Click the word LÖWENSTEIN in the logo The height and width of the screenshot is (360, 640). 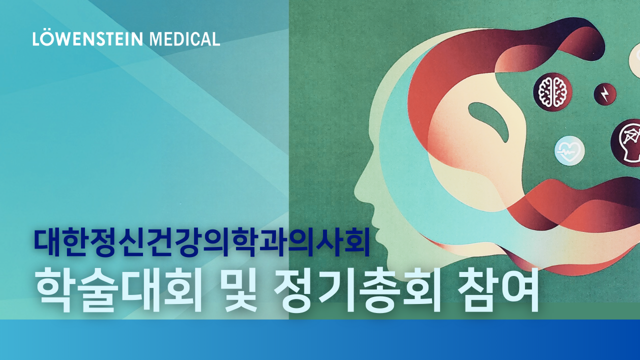coord(87,39)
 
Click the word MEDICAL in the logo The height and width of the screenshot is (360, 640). coord(185,39)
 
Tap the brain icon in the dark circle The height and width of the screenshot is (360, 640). coord(552,92)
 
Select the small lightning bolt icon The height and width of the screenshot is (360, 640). coord(605,94)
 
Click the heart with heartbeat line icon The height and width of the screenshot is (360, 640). coord(569,150)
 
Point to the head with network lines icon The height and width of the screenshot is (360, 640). coord(627,143)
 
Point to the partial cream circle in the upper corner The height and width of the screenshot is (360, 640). coord(634,60)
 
